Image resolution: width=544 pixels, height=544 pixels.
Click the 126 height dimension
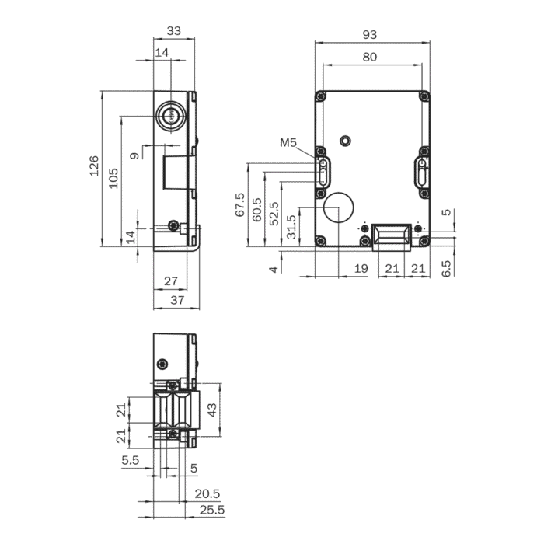point(94,166)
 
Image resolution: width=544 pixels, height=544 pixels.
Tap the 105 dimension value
point(113,178)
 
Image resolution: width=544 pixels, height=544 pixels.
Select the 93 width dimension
point(369,35)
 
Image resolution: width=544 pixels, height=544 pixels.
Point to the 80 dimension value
point(369,57)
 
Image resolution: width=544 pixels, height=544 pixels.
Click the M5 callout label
point(288,142)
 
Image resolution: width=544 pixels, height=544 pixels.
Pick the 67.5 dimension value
point(239,205)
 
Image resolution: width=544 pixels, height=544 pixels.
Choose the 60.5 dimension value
point(256,210)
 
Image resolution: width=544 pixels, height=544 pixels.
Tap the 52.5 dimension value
point(274,214)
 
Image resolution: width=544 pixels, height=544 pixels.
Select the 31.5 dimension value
point(291,227)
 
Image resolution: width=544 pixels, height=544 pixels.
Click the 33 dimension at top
point(174,31)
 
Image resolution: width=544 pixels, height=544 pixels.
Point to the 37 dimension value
point(177,300)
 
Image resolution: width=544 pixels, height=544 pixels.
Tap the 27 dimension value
point(171,281)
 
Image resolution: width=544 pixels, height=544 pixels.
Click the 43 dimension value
point(211,410)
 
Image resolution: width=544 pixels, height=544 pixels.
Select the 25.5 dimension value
point(212,510)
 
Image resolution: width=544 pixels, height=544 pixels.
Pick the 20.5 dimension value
point(207,493)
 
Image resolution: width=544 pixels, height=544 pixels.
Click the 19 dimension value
point(361,268)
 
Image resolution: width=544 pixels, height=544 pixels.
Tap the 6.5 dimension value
point(447,269)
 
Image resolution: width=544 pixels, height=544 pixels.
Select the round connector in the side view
point(171,116)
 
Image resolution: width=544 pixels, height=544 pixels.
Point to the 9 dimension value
point(134,155)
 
